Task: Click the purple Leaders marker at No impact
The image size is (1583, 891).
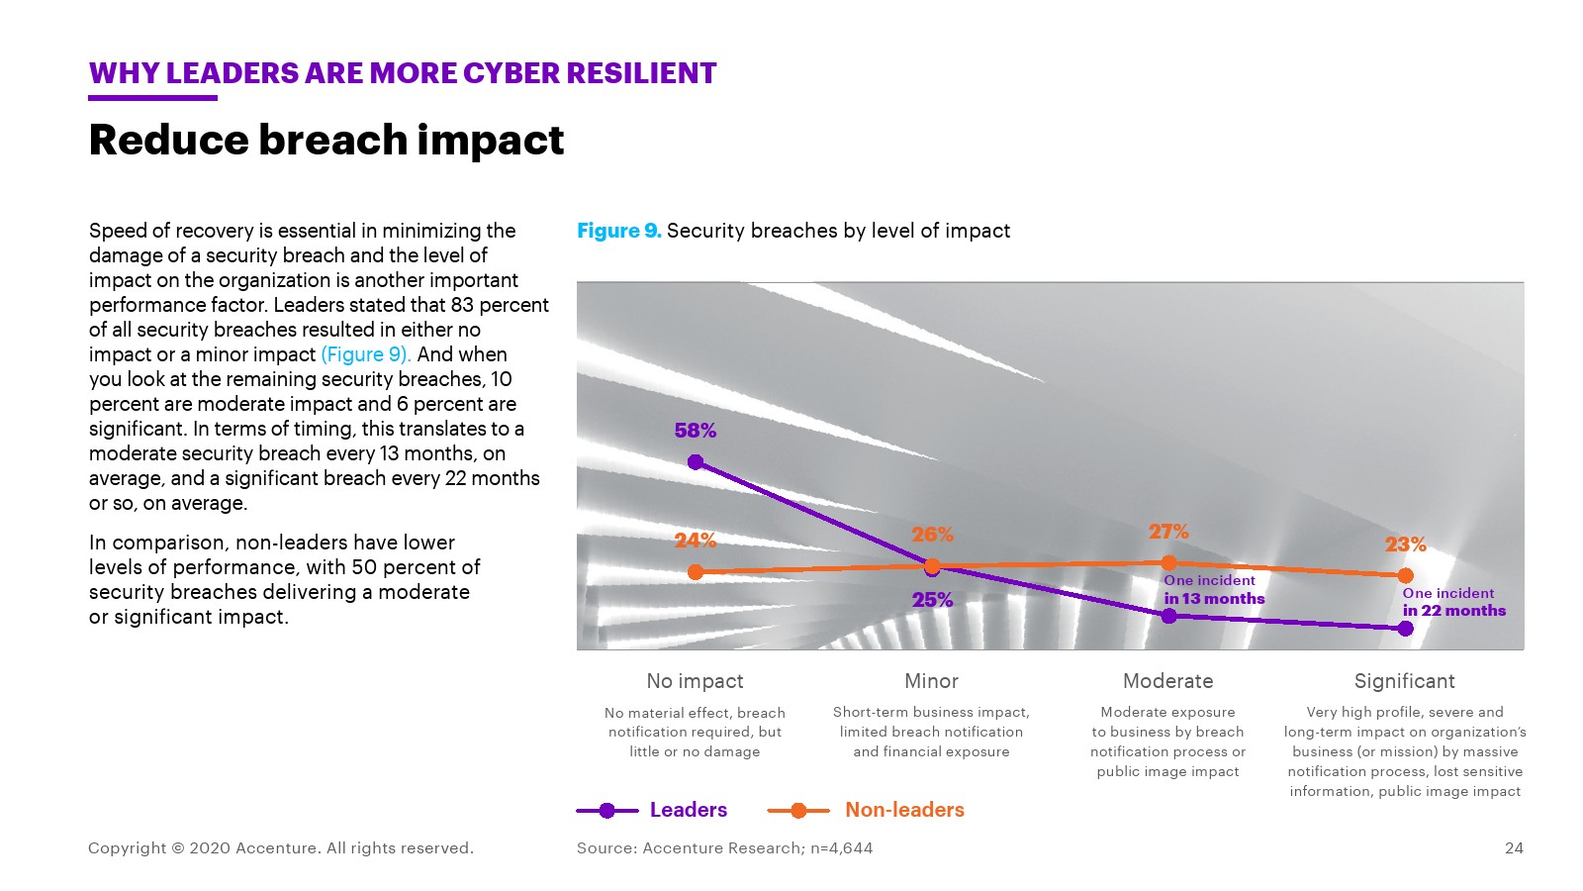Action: click(x=696, y=462)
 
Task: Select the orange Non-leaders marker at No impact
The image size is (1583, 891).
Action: click(x=696, y=572)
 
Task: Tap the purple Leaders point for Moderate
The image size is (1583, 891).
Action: click(x=1168, y=616)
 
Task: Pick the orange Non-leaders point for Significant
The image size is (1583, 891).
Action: click(x=1405, y=575)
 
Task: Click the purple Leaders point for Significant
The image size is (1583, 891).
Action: click(x=1405, y=629)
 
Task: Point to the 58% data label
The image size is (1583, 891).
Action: click(x=696, y=431)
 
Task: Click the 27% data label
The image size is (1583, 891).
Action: click(x=1168, y=532)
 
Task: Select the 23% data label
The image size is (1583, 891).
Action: click(x=1405, y=544)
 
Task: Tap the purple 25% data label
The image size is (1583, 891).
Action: click(x=932, y=600)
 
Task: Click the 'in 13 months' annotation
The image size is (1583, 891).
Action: click(x=1214, y=599)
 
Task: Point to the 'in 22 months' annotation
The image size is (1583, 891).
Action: click(x=1453, y=611)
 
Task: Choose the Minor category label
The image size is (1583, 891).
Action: click(x=931, y=681)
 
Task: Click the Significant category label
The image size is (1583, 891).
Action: click(x=1404, y=681)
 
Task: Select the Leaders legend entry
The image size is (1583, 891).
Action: click(x=688, y=810)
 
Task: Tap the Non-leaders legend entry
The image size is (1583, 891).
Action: click(x=904, y=810)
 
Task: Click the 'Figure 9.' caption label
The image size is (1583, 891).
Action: click(x=619, y=231)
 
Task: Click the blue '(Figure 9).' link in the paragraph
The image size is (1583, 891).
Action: click(x=365, y=354)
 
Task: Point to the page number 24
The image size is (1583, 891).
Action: click(x=1514, y=847)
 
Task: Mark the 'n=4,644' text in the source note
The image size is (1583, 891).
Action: click(x=841, y=847)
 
